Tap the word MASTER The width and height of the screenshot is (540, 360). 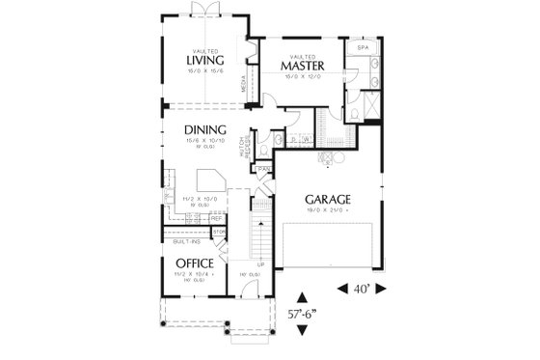301,67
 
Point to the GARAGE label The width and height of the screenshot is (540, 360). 329,200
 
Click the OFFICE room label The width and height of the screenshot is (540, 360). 193,263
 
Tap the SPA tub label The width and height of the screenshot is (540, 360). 363,46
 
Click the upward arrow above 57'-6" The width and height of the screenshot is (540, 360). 303,297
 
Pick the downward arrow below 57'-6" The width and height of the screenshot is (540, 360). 303,330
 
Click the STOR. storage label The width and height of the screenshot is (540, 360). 218,233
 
